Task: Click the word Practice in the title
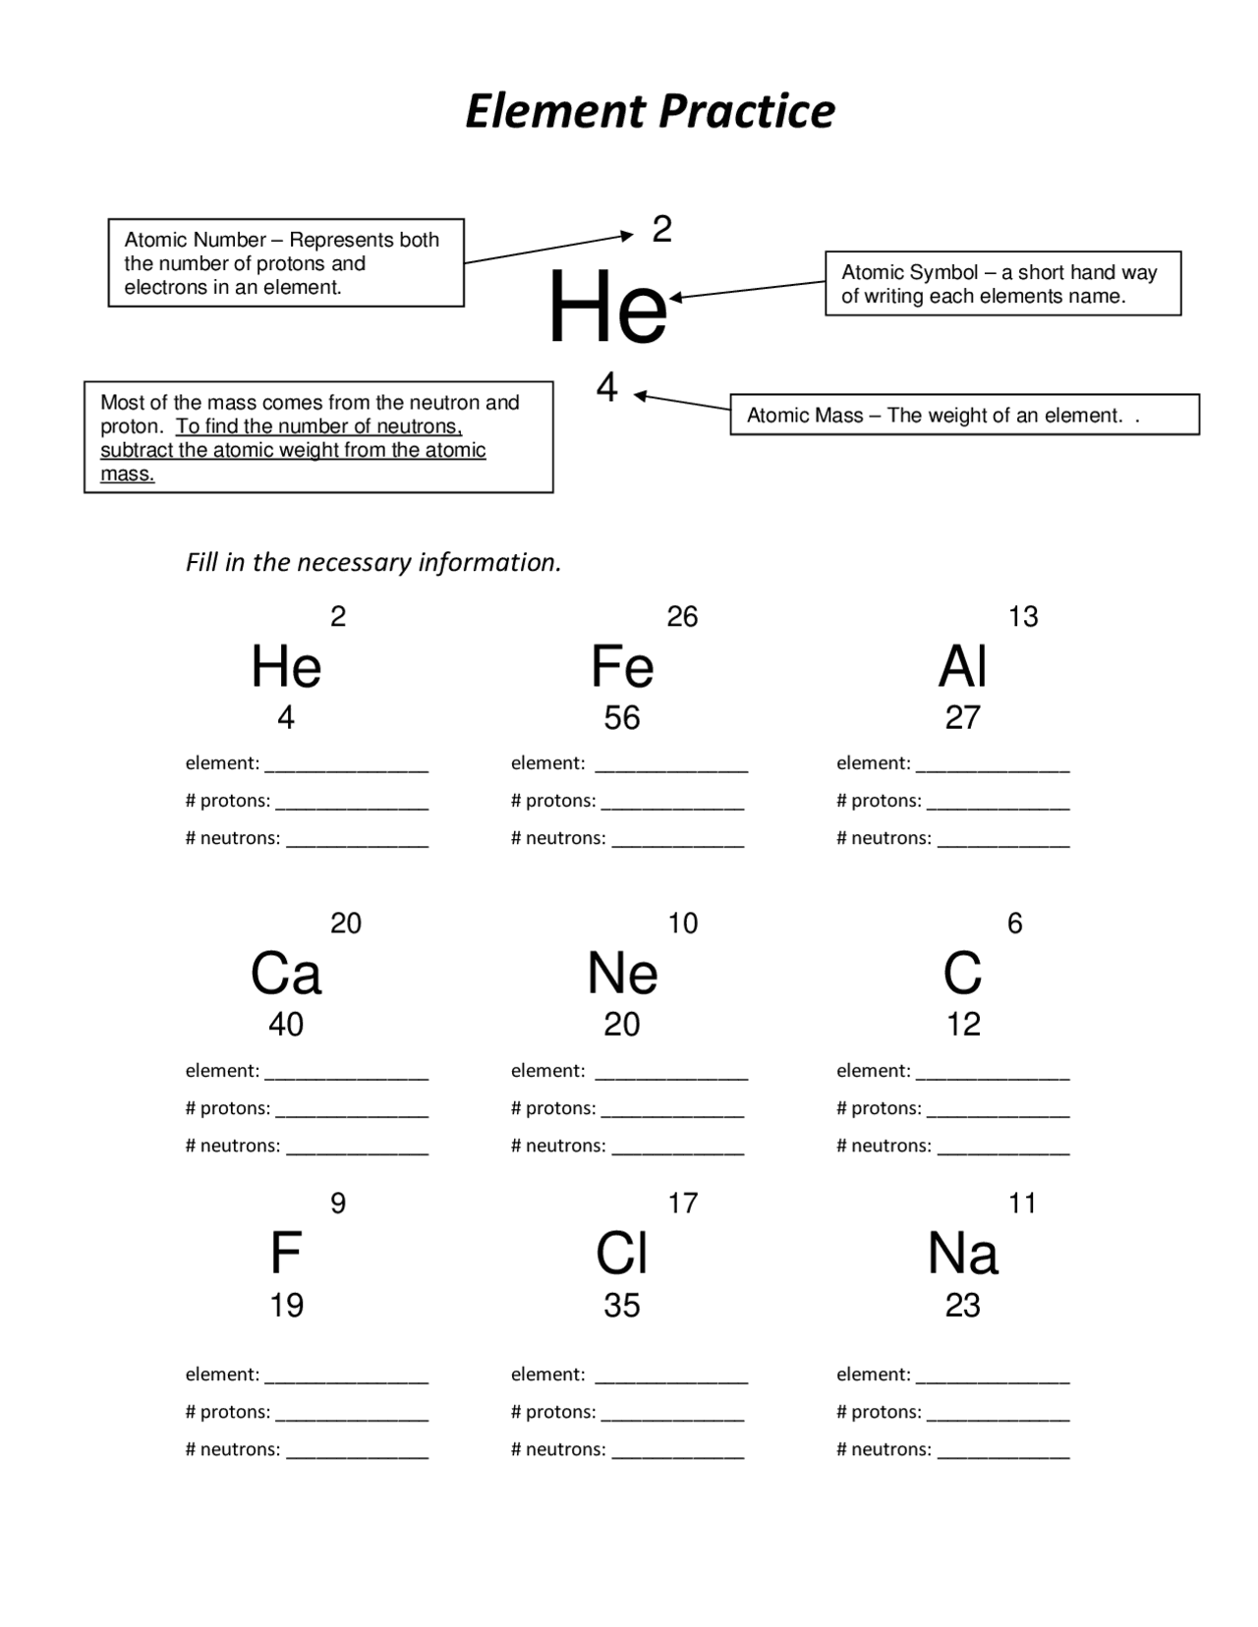point(746,111)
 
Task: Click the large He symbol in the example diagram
point(607,309)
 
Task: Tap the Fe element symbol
point(621,667)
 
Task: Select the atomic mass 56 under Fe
point(621,718)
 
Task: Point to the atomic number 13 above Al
point(1022,617)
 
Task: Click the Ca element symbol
point(286,974)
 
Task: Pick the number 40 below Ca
point(286,1025)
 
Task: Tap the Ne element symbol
point(621,974)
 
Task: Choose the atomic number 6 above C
point(1014,924)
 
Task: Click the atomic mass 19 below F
point(286,1306)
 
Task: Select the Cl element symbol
point(621,1254)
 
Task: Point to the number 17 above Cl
point(682,1204)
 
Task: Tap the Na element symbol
point(962,1254)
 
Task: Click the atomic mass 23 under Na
point(962,1306)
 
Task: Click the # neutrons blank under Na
point(1002,1452)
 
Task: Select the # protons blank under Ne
point(672,1111)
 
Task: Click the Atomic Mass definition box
point(963,415)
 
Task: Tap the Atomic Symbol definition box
point(1002,284)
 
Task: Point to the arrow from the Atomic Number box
point(548,249)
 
